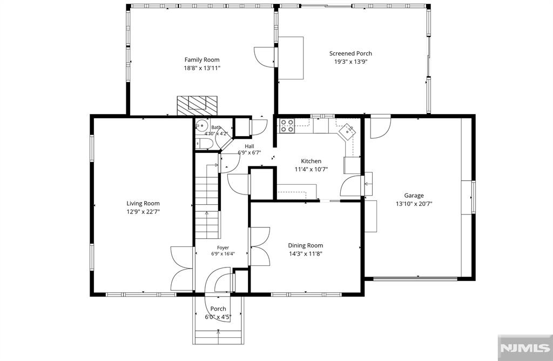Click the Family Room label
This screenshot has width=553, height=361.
(202, 60)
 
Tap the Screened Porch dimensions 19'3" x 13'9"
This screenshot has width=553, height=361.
(350, 62)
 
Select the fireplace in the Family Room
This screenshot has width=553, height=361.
(197, 105)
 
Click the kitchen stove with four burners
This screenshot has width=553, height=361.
(287, 125)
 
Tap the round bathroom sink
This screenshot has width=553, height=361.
(202, 125)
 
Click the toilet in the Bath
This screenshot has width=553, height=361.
(204, 144)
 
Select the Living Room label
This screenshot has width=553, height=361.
(143, 203)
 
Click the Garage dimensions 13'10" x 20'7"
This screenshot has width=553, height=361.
(414, 204)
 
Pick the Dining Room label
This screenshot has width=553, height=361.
(306, 245)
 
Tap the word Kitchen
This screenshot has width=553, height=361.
(311, 161)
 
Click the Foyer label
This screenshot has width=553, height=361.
(223, 248)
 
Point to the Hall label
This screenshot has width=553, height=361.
(249, 146)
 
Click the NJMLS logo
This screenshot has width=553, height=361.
(525, 347)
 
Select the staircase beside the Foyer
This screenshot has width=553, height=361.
(207, 196)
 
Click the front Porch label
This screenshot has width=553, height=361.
(218, 309)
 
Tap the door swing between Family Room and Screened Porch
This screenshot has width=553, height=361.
(264, 57)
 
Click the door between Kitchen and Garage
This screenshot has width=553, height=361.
(350, 185)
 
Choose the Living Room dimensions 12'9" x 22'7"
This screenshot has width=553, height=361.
(143, 212)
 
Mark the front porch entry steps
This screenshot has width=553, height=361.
(218, 337)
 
